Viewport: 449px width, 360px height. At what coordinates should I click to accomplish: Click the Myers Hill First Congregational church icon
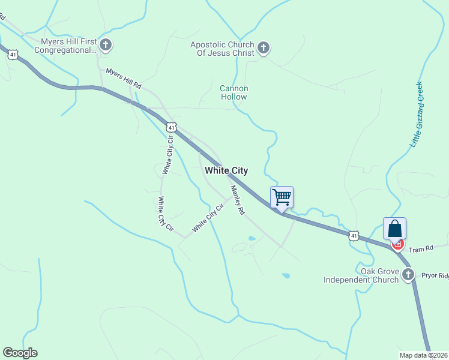[106, 44]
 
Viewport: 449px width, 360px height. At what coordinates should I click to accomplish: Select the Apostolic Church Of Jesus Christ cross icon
[263, 47]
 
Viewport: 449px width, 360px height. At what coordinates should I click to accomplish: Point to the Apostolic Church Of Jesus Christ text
[222, 49]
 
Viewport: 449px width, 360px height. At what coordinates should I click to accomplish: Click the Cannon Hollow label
[234, 92]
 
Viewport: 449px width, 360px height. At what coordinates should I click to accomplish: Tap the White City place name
[226, 170]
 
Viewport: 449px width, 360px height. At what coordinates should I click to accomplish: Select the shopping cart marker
[282, 197]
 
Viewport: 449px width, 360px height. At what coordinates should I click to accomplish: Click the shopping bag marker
[394, 228]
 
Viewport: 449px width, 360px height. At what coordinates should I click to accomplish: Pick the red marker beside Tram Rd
[397, 245]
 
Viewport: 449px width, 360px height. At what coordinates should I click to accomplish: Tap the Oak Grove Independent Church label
[361, 275]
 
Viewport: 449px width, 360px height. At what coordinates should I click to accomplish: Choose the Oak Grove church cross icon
[408, 275]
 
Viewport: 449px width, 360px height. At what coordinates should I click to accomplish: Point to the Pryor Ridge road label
[435, 275]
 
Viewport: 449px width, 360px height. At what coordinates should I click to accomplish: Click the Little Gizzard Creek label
[417, 114]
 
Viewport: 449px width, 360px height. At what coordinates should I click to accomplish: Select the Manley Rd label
[238, 200]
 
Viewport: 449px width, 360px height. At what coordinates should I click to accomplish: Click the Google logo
[20, 353]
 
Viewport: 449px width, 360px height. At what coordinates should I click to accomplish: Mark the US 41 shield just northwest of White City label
[172, 127]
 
